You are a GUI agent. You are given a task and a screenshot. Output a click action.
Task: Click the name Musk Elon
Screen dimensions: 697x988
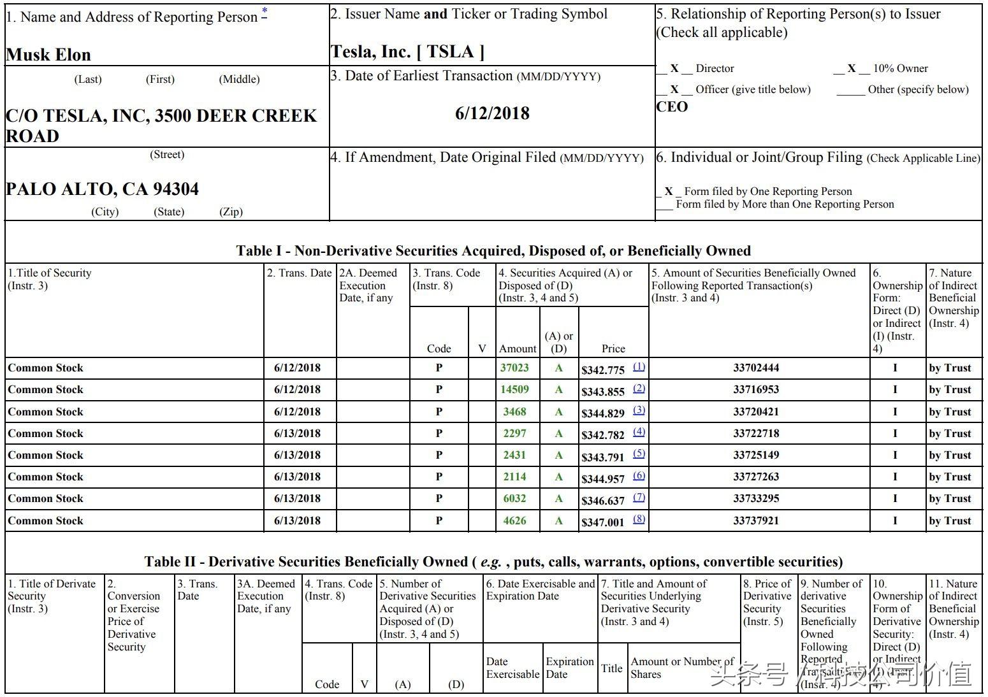pos(48,55)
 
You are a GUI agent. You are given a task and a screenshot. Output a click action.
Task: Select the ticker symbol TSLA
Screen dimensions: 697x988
pos(451,52)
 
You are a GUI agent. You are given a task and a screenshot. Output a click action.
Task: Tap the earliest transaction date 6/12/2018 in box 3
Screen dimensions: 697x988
pos(492,113)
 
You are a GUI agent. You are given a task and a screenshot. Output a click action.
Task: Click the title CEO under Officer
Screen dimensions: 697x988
pos(672,106)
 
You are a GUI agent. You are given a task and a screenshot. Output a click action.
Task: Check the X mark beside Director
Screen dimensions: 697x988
pos(674,68)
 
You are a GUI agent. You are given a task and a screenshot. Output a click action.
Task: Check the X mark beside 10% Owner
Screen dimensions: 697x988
pos(851,68)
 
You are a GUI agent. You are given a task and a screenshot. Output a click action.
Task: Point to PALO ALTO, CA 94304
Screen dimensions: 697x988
pos(102,189)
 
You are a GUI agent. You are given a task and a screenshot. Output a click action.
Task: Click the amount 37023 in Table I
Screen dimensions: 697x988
pos(514,368)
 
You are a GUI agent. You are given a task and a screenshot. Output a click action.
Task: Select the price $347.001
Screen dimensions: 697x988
pos(602,522)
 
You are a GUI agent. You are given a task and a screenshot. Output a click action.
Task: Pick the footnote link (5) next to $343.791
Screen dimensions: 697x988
pos(639,454)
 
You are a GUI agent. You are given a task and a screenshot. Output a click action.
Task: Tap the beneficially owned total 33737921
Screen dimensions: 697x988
pos(756,521)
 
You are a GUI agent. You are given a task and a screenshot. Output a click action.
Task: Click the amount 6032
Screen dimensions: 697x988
pos(514,498)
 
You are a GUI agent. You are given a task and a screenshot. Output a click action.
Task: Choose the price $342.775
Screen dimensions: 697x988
pos(602,370)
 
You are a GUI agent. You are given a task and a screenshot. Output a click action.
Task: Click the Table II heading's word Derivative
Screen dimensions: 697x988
pos(245,562)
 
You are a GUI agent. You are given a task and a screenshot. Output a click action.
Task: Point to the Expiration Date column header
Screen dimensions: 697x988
pos(569,668)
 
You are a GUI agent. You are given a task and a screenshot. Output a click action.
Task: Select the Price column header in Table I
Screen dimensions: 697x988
pos(613,348)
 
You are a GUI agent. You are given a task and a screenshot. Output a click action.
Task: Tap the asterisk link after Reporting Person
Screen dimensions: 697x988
pos(265,12)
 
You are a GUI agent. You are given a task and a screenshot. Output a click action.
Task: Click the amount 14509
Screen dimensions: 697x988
pos(514,389)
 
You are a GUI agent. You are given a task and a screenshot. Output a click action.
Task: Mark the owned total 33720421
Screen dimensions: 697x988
pos(756,412)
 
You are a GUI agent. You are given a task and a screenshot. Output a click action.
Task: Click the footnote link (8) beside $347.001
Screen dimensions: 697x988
pos(639,519)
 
